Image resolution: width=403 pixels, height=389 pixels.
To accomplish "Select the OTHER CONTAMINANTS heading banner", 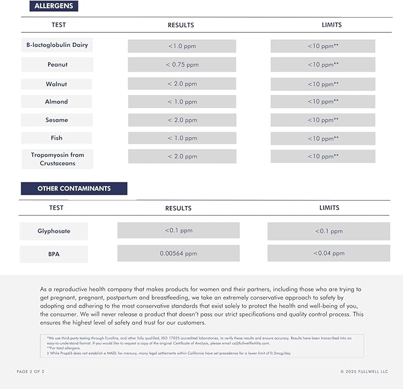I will [x=74, y=188].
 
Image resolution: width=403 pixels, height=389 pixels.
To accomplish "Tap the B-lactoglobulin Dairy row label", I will [x=57, y=45].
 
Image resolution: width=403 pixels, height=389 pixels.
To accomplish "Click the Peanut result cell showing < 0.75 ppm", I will [x=182, y=65].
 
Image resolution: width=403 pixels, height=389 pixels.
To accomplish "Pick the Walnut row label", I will [x=56, y=84].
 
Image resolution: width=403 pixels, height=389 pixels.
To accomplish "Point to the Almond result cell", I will [x=182, y=102].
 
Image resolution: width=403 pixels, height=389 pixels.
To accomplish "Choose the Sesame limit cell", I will [x=323, y=120].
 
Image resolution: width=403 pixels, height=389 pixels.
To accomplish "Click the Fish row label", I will [x=56, y=138].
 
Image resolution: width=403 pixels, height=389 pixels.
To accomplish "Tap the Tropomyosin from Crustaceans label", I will [x=58, y=159].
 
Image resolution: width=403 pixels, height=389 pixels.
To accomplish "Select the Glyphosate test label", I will [x=54, y=231].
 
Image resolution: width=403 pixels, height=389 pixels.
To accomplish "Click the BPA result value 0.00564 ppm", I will [x=178, y=254].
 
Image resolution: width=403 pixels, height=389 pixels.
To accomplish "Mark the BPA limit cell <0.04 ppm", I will [x=329, y=254].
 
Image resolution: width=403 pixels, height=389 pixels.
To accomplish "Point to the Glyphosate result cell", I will [x=178, y=230].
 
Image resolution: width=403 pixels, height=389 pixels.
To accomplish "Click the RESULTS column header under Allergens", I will [x=181, y=26].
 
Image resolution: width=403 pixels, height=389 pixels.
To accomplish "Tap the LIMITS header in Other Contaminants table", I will [x=329, y=208].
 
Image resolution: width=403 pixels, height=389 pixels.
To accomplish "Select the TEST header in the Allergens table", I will [x=58, y=25].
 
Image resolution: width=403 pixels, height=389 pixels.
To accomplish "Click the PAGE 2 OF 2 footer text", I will [x=30, y=372].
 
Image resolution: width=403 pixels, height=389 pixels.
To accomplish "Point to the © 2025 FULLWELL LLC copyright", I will [x=364, y=372].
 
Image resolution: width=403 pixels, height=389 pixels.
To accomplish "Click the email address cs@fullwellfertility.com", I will [x=247, y=343].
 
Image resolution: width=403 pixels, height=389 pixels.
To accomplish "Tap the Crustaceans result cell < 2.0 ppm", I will [x=182, y=157].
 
